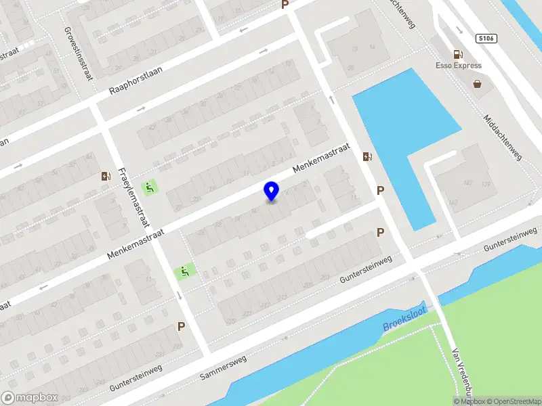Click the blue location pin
tap(271, 191)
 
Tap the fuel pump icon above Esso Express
tap(459, 54)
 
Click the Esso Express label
tap(459, 66)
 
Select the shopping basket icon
tap(478, 85)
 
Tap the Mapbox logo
tap(29, 398)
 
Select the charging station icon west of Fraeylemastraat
tap(106, 177)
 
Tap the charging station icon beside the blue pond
tap(367, 156)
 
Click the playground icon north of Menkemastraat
tap(150, 186)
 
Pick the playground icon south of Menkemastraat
tap(183, 272)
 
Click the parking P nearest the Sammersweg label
tap(181, 326)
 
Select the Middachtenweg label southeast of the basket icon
tap(502, 139)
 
